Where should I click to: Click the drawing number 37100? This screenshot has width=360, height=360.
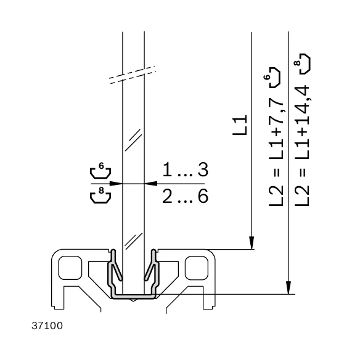point(47,326)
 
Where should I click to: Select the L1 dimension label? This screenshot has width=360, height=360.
point(240,125)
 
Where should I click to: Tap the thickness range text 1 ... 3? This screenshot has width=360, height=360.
point(186,170)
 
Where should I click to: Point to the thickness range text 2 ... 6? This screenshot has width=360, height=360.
point(186,196)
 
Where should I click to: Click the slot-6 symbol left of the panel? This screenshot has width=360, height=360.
point(100,170)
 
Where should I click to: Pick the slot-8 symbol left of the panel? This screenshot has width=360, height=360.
point(100,195)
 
